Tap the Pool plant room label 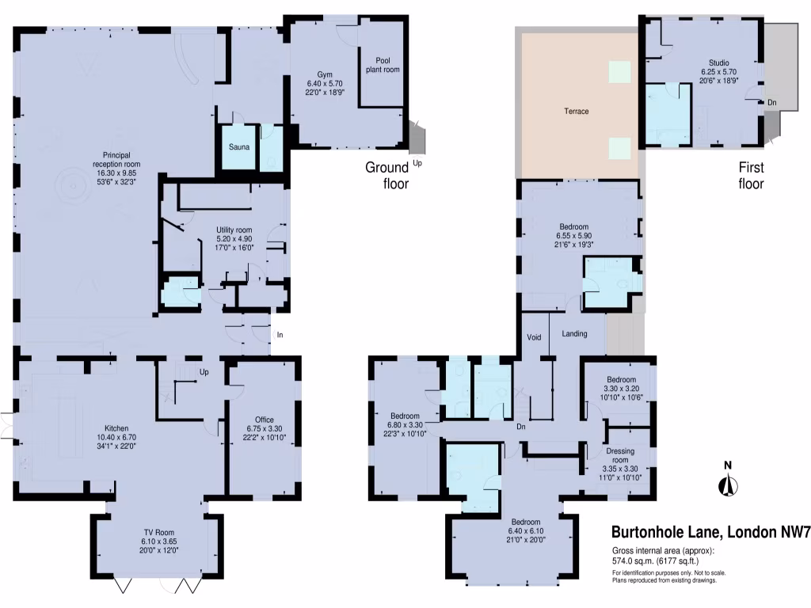point(382,63)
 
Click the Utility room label point(234,230)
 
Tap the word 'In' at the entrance point(280,335)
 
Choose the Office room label point(265,420)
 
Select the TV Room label point(158,532)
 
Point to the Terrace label point(576,112)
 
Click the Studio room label point(718,63)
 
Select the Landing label point(574,334)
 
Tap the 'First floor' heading point(751,176)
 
